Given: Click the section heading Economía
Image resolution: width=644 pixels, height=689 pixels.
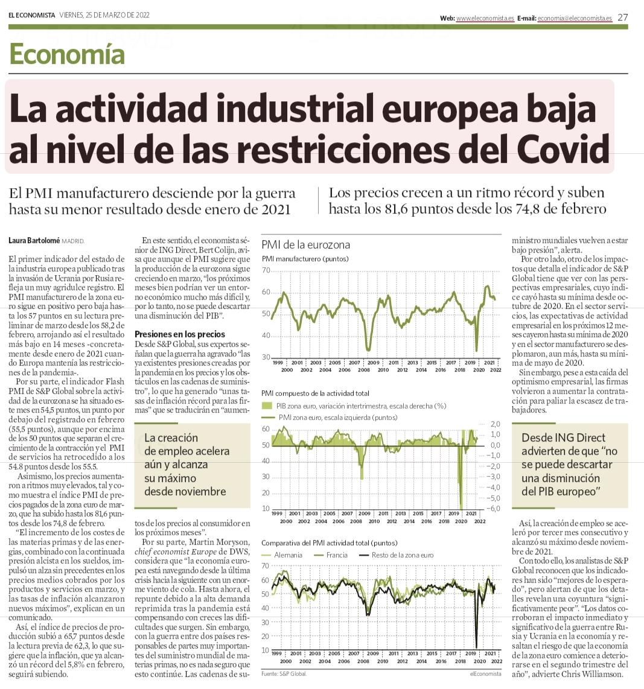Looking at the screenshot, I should click(x=67, y=55).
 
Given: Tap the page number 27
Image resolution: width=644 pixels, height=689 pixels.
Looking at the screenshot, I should click(x=622, y=17).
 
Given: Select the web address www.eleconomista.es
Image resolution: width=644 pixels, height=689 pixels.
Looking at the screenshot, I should click(x=485, y=19).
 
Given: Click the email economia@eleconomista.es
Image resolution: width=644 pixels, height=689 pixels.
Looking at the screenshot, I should click(x=575, y=19).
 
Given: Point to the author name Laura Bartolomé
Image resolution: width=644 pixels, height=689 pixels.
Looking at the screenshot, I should click(x=34, y=240).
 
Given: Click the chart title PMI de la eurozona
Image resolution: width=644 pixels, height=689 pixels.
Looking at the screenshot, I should click(x=305, y=245).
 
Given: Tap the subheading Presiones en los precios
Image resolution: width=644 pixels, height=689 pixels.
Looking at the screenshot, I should click(x=179, y=334).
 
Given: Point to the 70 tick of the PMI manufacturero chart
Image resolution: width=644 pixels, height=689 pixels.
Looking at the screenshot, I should click(x=266, y=270).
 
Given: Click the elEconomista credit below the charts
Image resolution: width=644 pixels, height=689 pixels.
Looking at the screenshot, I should click(x=485, y=673).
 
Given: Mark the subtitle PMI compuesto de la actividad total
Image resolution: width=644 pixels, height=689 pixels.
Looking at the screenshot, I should click(x=315, y=393).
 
